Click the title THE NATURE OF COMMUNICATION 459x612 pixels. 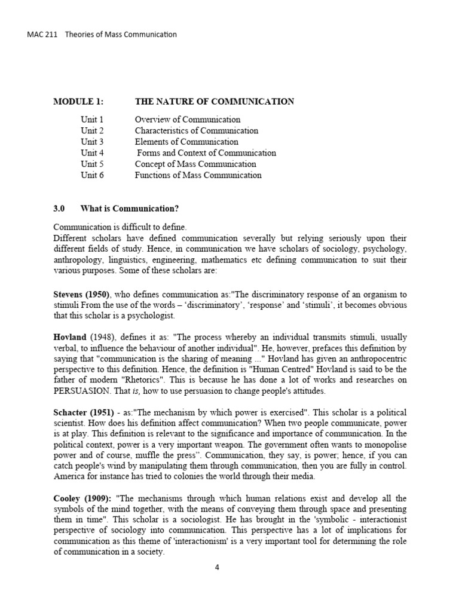(215, 102)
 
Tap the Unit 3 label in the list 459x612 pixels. (92, 142)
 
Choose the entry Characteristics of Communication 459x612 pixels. (197, 130)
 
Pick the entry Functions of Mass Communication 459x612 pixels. (198, 175)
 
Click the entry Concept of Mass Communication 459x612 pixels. (195, 164)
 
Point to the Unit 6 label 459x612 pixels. (92, 175)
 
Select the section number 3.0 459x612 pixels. (59, 209)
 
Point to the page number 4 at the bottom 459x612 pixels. (218, 568)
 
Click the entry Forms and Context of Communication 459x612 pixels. (206, 153)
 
